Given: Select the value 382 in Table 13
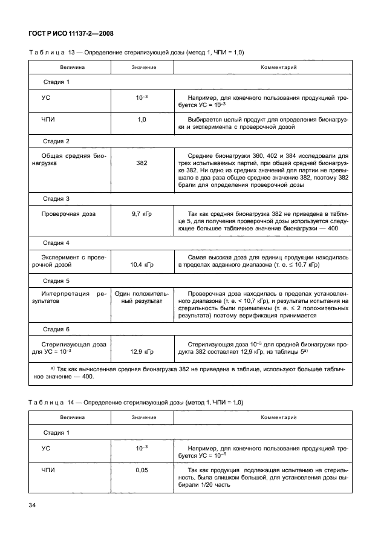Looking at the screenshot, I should pos(142,163).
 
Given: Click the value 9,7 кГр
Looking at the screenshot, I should pos(142,213).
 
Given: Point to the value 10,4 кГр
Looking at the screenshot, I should pos(142,265).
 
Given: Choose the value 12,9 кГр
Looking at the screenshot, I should pos(142,351).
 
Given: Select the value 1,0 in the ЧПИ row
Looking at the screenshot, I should pos(142,120).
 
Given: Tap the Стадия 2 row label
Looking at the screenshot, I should pos(56,141).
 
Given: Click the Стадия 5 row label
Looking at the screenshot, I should pos(56,281).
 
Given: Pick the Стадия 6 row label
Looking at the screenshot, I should pos(56,329).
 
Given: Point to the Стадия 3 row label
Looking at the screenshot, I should pos(56,198).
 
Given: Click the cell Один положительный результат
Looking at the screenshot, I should pos(142,297).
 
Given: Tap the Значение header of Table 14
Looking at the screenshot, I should pos(142,417).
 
